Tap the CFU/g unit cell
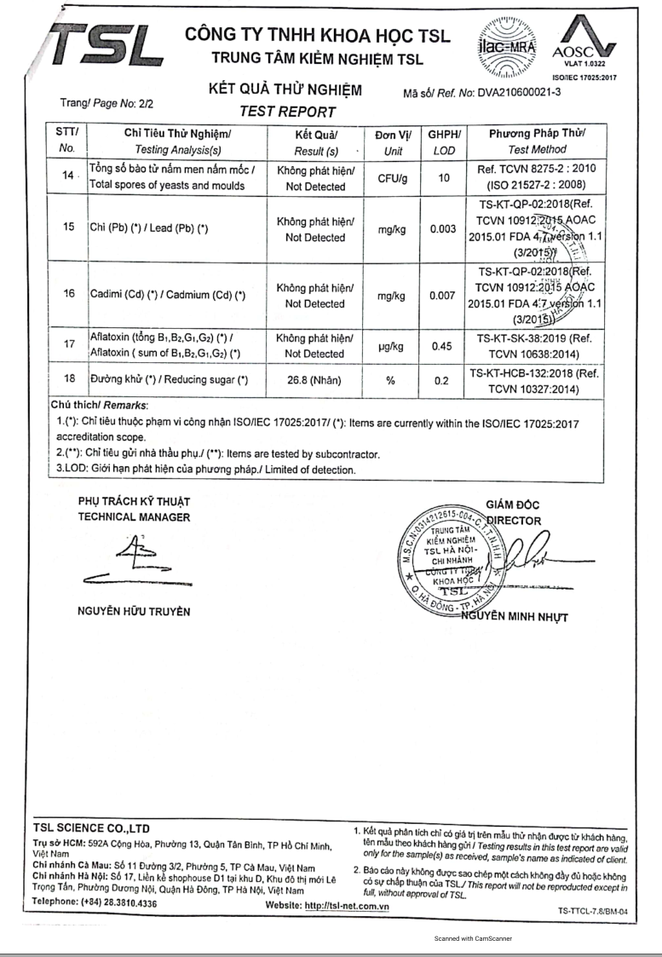click(393, 178)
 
